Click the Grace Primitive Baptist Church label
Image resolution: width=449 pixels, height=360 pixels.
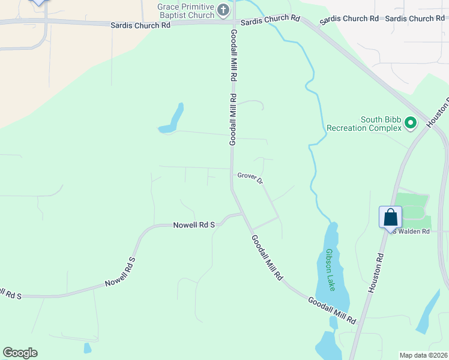pos(185,11)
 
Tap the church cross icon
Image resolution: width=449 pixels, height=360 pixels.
pos(223,10)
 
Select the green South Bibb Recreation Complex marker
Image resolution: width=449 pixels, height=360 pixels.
pos(411,124)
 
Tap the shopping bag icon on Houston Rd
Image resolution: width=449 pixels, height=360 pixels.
pos(390,217)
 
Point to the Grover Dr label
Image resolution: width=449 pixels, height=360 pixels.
pos(250,178)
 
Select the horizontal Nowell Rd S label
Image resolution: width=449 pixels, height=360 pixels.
pos(194,225)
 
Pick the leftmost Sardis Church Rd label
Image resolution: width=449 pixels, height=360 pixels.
pos(140,25)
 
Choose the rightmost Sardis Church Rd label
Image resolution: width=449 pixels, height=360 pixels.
pos(414,19)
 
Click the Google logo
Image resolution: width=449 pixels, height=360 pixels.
pos(20,353)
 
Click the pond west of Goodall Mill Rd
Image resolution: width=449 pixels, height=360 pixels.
pos(172,119)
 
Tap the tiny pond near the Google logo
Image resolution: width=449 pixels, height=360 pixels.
pos(88,347)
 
